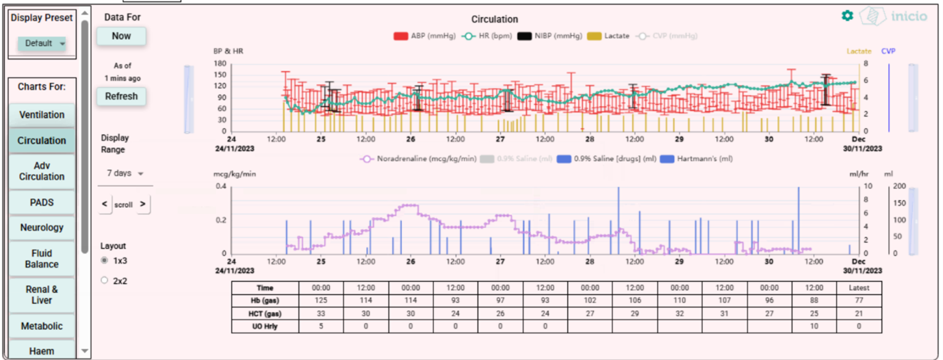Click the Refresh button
(x=121, y=97)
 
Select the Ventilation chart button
(x=42, y=115)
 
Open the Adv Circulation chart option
(x=42, y=171)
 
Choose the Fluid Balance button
(x=42, y=259)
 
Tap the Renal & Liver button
(x=42, y=295)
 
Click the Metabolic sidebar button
(x=42, y=326)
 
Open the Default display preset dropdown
(x=42, y=43)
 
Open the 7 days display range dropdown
(x=125, y=174)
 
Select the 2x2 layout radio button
(x=104, y=281)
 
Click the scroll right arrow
(x=142, y=204)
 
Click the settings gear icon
(x=847, y=15)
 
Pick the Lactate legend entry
(x=609, y=36)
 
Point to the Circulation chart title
(x=494, y=20)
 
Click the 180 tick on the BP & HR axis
(x=220, y=64)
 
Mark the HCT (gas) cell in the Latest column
(x=860, y=313)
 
